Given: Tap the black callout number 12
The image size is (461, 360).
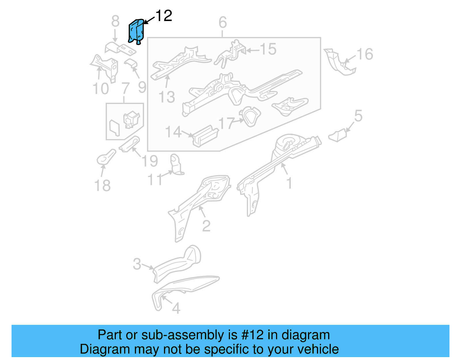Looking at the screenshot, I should tap(164, 16).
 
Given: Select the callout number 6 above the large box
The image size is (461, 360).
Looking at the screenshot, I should tap(222, 22).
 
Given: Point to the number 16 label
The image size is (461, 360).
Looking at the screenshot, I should tap(365, 54).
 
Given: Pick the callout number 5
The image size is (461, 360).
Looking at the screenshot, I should tap(358, 116).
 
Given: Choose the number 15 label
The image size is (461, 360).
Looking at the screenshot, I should tap(268, 49).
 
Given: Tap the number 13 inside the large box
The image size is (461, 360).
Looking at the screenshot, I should tap(167, 97).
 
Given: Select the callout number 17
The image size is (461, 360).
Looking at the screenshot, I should tap(226, 123).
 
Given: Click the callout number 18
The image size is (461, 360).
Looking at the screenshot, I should tap(102, 186).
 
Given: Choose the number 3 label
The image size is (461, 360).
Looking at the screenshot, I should tap(137, 264).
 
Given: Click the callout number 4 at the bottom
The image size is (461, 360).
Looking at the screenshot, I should tap(176, 308).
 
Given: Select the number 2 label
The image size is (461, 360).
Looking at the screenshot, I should tap(206, 226).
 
